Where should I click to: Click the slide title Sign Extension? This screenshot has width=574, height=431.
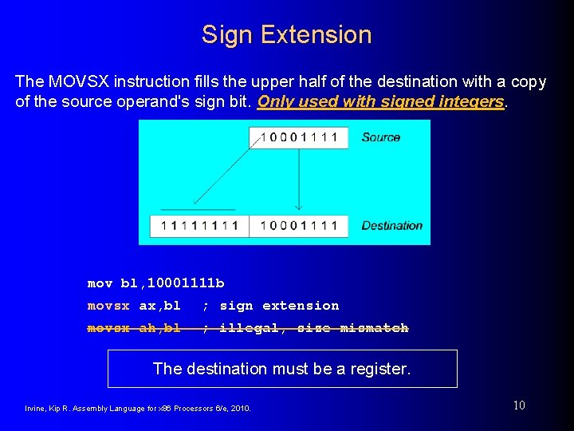(286, 34)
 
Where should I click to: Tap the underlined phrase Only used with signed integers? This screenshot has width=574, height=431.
(381, 102)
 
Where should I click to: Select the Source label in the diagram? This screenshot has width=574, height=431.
(380, 137)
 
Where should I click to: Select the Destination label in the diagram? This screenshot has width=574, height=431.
(391, 226)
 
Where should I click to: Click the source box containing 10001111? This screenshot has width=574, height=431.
(299, 137)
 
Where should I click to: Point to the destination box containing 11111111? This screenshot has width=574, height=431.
(199, 226)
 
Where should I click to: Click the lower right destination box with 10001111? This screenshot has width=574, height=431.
(299, 226)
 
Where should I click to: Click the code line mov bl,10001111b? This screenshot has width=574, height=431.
(155, 283)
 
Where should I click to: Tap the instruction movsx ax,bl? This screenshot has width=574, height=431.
(134, 306)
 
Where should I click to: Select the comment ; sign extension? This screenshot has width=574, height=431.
(270, 306)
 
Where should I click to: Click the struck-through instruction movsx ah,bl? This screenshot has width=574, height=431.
(134, 328)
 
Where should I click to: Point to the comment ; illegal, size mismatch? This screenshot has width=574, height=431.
(305, 328)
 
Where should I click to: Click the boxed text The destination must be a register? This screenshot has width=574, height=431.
(281, 369)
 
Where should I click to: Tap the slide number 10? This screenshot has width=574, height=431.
(519, 405)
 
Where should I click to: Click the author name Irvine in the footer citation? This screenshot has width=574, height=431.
(35, 409)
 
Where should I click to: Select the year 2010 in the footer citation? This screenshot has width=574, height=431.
(239, 409)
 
